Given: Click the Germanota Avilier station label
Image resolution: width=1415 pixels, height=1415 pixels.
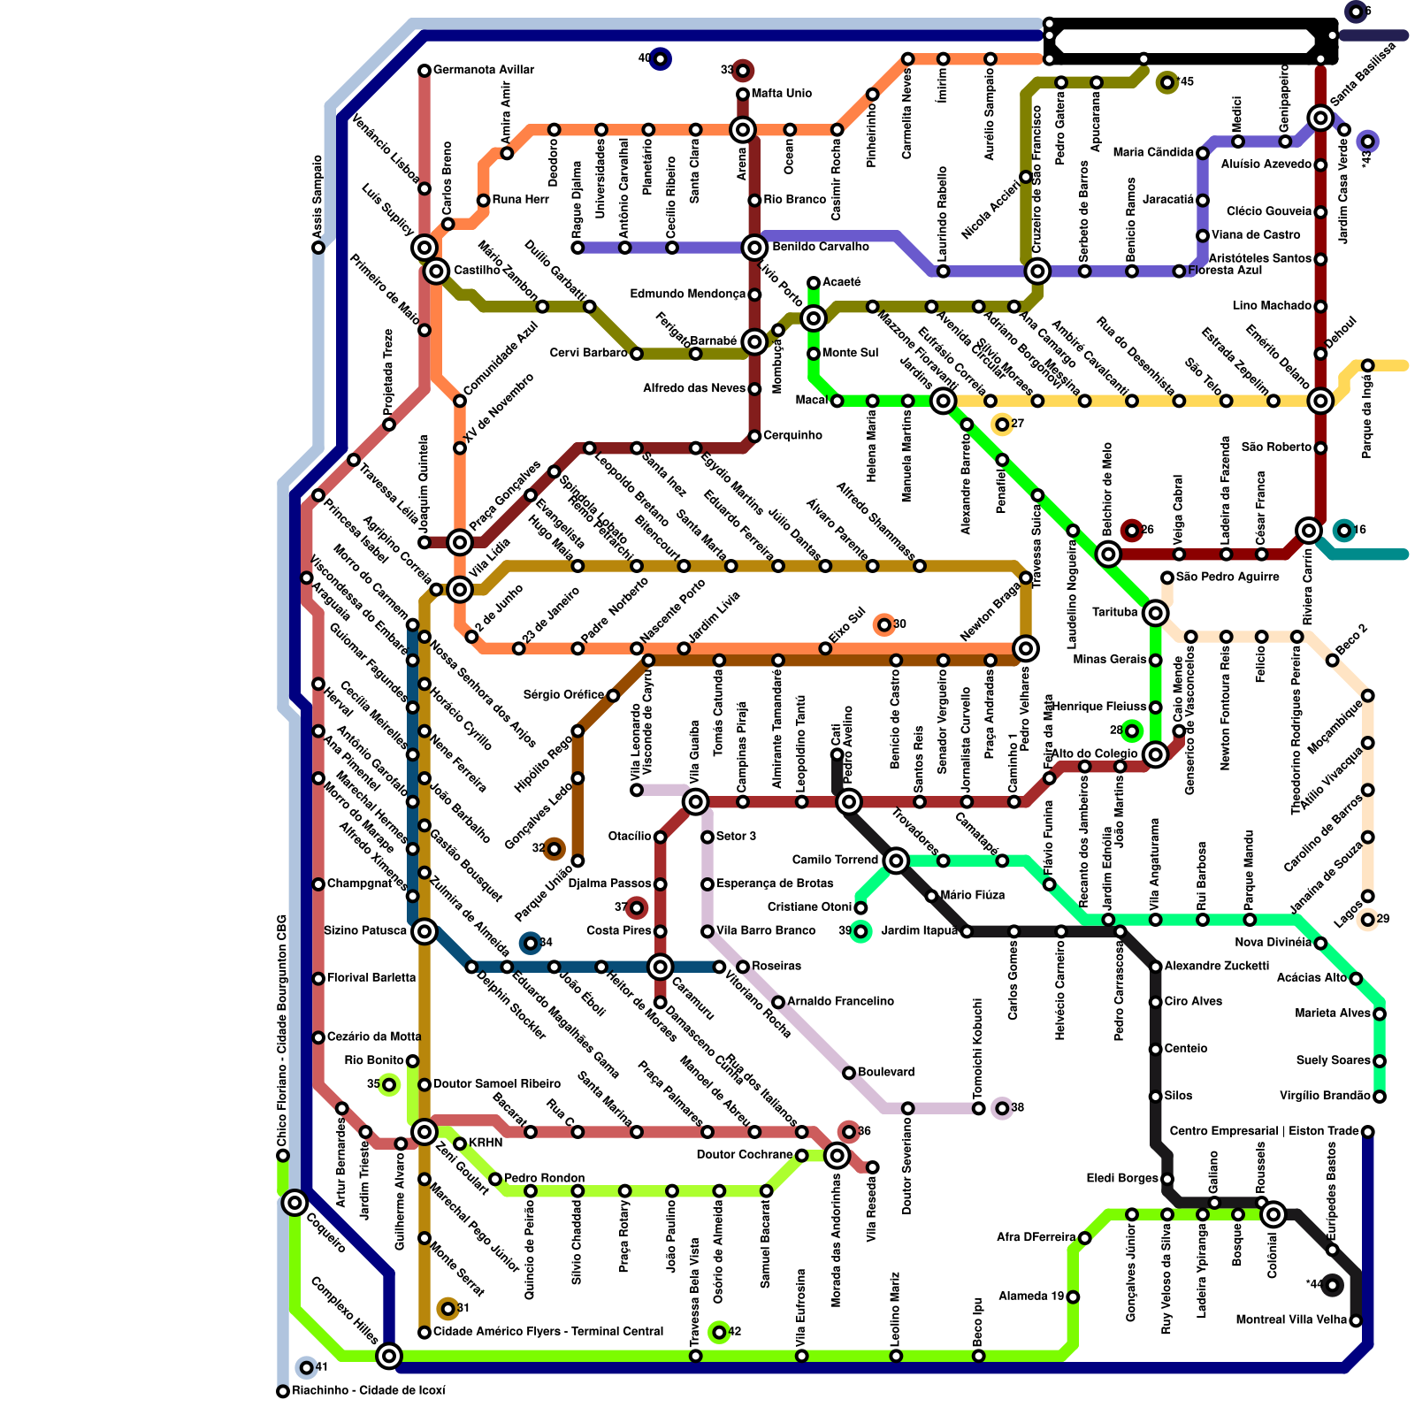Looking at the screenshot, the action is click(484, 70).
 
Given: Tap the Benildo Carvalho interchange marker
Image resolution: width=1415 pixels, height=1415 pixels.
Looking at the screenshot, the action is click(754, 248).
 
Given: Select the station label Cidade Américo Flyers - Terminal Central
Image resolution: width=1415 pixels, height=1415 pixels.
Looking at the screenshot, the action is click(548, 1332).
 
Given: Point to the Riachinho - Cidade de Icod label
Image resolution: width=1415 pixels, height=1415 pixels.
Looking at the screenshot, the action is click(369, 1391).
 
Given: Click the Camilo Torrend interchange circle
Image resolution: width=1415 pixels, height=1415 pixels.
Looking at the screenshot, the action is click(896, 860).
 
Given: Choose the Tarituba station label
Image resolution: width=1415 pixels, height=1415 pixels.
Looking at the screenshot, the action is click(1114, 612).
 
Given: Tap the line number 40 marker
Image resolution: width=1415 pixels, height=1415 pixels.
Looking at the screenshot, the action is click(660, 59).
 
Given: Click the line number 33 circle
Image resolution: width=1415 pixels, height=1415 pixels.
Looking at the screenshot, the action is click(743, 70).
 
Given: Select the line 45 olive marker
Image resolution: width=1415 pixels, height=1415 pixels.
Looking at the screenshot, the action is click(1167, 82).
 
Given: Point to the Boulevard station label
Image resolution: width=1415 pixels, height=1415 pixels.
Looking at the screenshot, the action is click(886, 1072).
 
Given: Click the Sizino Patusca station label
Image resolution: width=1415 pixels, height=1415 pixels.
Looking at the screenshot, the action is click(365, 930).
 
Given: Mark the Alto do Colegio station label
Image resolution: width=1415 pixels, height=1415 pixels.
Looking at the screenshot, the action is click(1094, 753).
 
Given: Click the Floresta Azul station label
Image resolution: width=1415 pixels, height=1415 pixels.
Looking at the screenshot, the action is click(1226, 270).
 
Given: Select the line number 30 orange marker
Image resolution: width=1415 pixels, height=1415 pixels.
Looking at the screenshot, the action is click(883, 625).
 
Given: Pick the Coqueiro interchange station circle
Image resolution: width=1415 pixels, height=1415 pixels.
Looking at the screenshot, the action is click(294, 1203).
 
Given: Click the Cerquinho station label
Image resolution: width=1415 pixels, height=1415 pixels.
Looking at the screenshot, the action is click(792, 435).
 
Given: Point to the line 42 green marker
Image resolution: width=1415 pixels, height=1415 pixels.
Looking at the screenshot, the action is click(719, 1332).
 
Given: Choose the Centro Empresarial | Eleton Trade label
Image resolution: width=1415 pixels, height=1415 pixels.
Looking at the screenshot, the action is click(1264, 1131).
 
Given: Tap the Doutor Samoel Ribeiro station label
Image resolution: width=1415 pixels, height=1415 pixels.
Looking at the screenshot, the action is click(497, 1084).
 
